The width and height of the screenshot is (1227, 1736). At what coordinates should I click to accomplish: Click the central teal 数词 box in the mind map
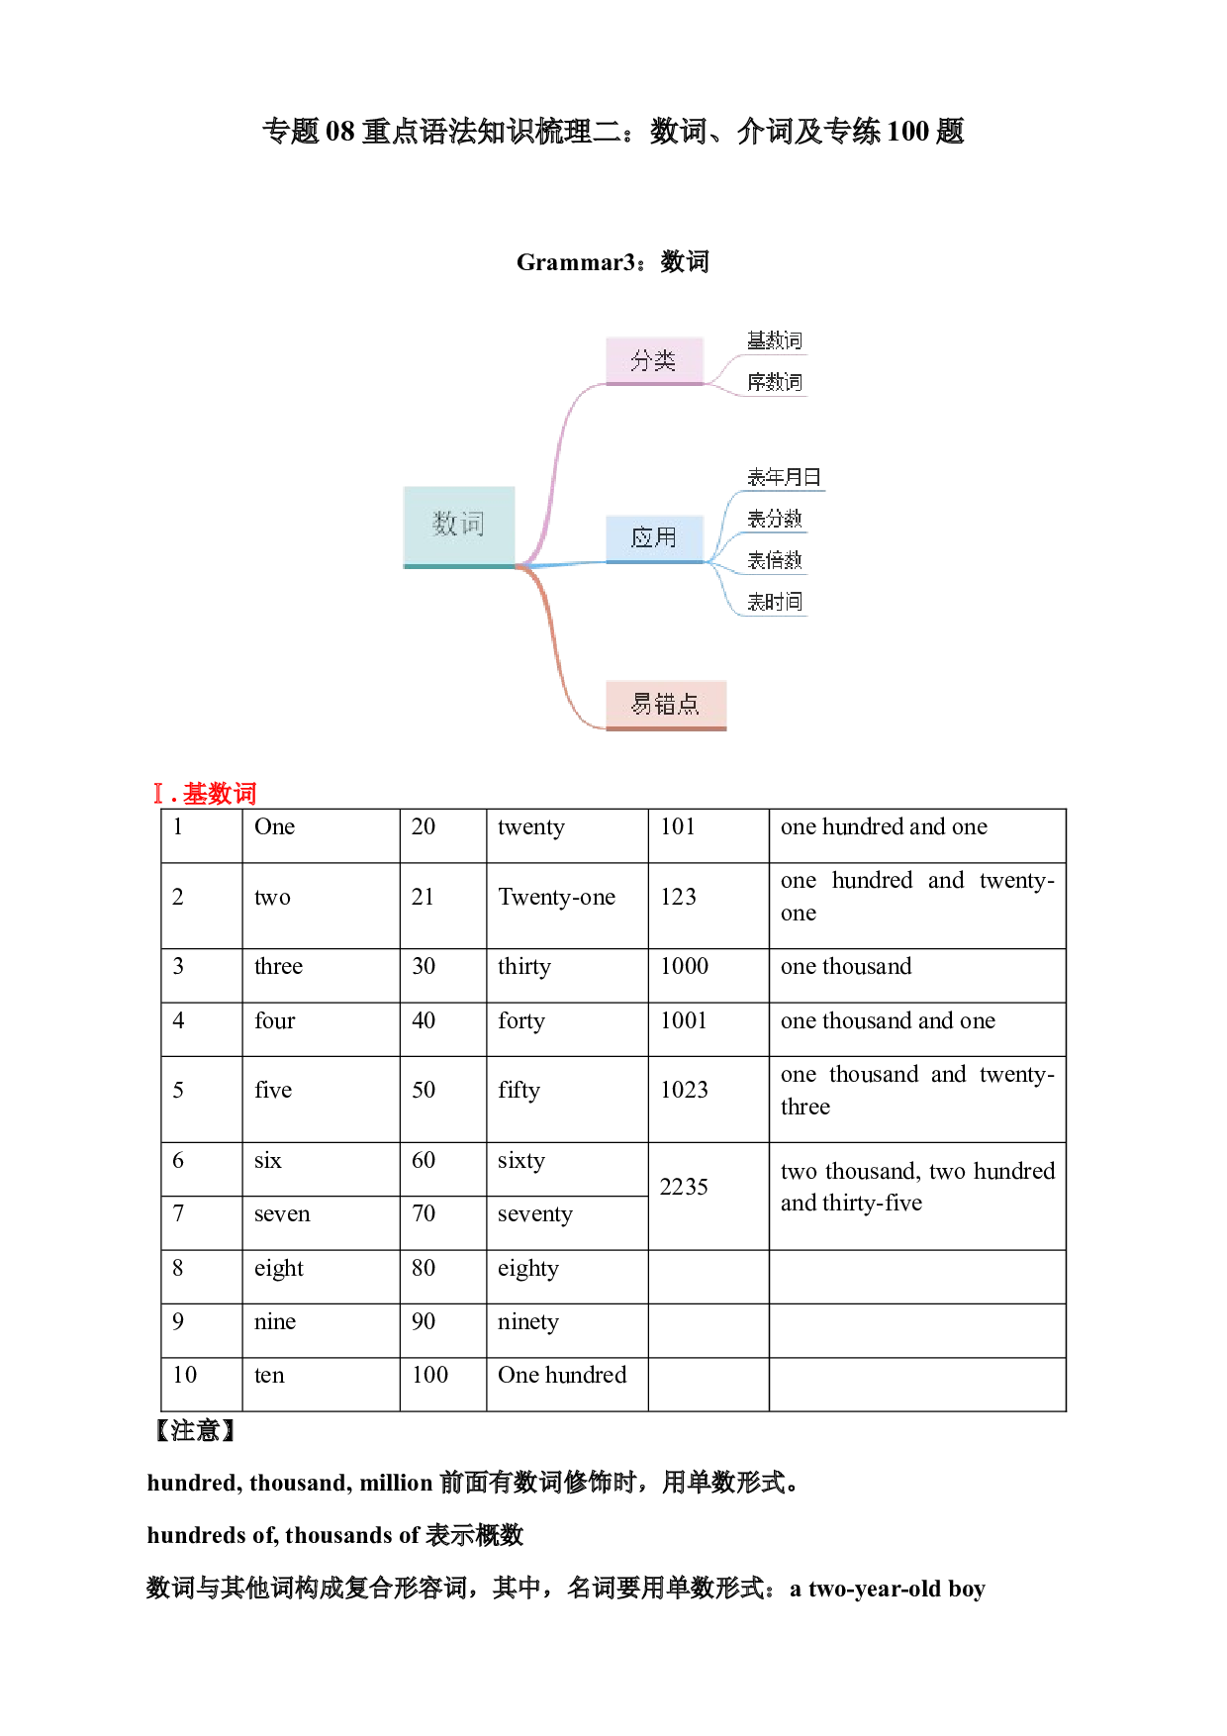pos(459,527)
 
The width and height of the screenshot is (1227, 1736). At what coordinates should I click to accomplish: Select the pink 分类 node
pos(654,360)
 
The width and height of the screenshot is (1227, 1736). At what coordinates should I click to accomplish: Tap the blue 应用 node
pos(654,538)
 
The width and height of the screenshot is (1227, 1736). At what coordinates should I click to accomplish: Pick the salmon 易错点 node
pos(666,705)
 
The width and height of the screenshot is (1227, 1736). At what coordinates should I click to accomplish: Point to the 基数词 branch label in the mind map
pos(775,340)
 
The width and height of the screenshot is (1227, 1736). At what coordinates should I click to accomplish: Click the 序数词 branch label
pos(775,382)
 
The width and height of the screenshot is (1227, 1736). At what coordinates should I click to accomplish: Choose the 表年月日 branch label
pos(785,477)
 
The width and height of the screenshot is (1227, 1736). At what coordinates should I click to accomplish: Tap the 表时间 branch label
pos(775,602)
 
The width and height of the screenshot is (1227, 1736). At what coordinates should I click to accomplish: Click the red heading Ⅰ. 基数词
pos(205,794)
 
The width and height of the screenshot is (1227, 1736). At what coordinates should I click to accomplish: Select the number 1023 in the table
pos(684,1090)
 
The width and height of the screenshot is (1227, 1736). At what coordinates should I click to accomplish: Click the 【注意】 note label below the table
pos(195,1430)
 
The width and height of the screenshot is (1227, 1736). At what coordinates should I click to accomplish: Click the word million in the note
pos(396,1483)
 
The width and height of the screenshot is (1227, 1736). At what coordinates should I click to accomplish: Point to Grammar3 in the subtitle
pos(576,262)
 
